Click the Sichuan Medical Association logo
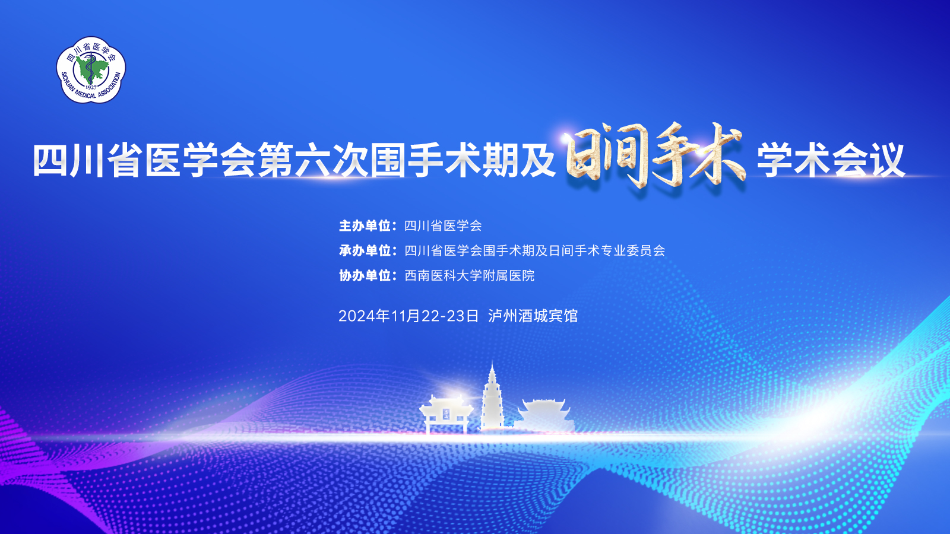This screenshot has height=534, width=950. click(x=91, y=69)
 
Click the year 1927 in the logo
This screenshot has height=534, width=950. click(x=91, y=87)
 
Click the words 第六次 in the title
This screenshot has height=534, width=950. click(x=314, y=160)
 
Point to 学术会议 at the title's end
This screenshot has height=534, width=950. click(x=831, y=160)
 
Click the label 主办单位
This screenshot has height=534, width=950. click(x=365, y=226)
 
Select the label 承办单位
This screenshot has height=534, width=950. click(x=365, y=251)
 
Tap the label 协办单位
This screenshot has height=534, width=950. click(x=365, y=276)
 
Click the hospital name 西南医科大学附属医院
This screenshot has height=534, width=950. click(x=470, y=276)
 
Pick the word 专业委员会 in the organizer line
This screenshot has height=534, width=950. click(x=632, y=251)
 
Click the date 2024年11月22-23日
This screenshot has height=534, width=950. click(x=408, y=316)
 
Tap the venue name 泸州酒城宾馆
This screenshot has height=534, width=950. click(x=533, y=316)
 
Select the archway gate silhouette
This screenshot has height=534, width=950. click(x=446, y=414)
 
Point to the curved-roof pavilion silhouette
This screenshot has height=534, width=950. click(x=544, y=415)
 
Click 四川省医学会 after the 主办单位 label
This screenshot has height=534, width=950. click(x=443, y=226)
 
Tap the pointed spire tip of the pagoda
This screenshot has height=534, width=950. click(x=492, y=363)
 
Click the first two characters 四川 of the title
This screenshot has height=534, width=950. click(x=69, y=160)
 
